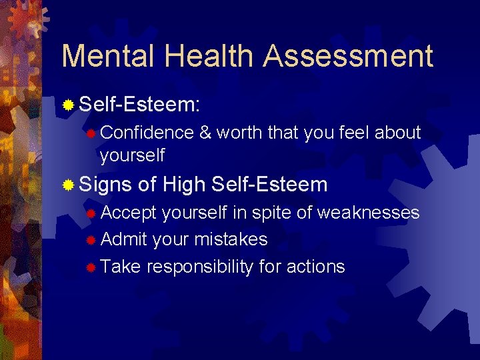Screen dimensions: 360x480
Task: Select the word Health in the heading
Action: click(x=215, y=56)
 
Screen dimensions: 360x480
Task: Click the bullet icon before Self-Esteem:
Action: click(x=68, y=105)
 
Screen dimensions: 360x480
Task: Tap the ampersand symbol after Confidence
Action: click(x=205, y=133)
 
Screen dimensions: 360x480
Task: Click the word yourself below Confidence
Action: click(x=132, y=155)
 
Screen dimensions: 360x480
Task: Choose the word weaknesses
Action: click(x=368, y=213)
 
